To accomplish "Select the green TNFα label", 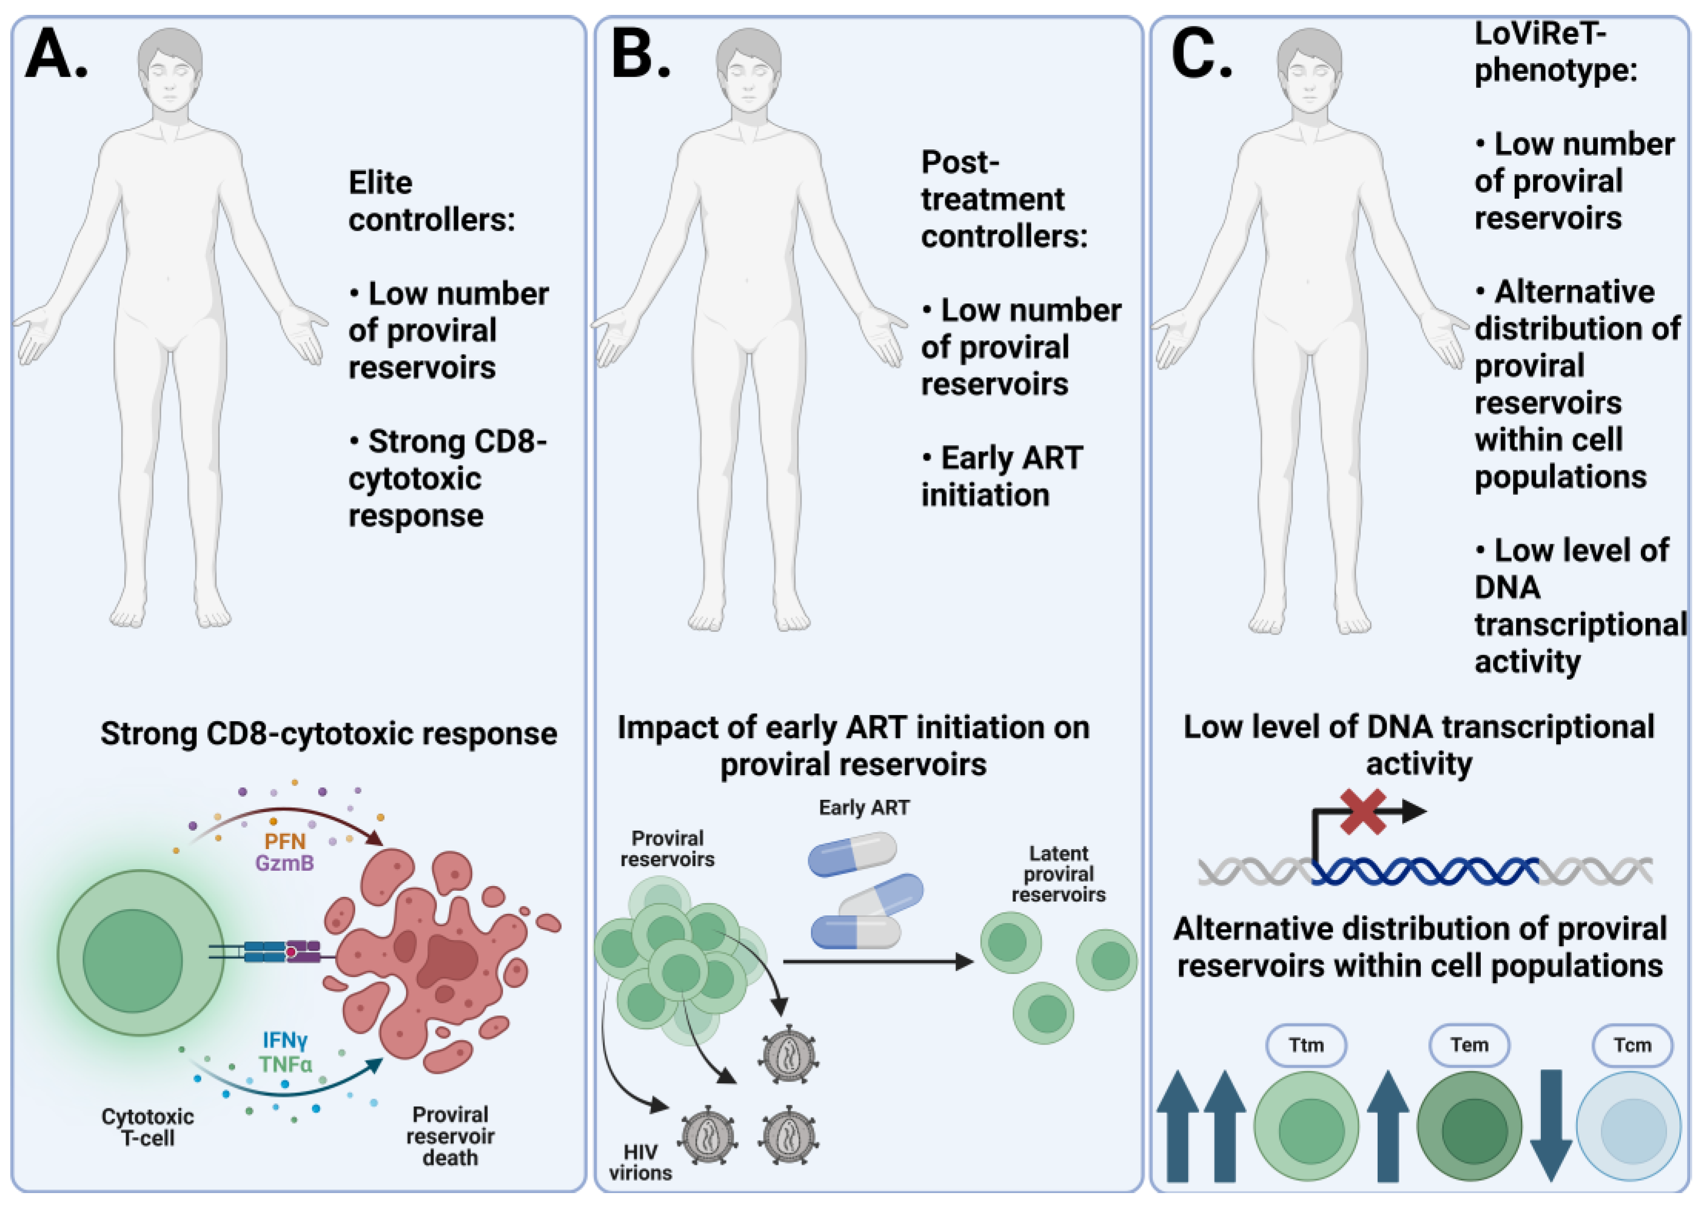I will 285,1064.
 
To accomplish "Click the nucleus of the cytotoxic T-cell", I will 132,961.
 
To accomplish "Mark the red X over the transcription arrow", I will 1362,812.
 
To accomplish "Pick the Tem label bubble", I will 1468,1045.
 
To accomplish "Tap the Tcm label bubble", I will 1632,1045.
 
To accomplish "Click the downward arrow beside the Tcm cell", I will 1551,1125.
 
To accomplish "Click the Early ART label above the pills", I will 864,808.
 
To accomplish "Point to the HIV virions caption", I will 640,1162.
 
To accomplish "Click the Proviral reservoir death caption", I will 450,1136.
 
